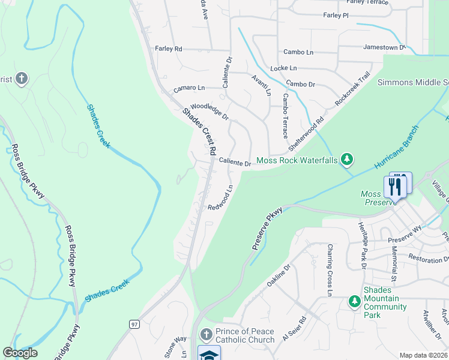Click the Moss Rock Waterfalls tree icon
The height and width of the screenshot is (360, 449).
pyautogui.click(x=346, y=160)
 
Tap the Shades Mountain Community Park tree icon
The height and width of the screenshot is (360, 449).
pyautogui.click(x=354, y=302)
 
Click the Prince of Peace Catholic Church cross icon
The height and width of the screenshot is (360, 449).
pyautogui.click(x=206, y=334)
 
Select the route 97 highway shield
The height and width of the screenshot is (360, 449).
pyautogui.click(x=134, y=324)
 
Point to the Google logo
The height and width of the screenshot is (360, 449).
pyautogui.click(x=20, y=353)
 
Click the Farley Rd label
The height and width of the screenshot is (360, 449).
pyautogui.click(x=169, y=49)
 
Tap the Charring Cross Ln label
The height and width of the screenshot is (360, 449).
pyautogui.click(x=330, y=270)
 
